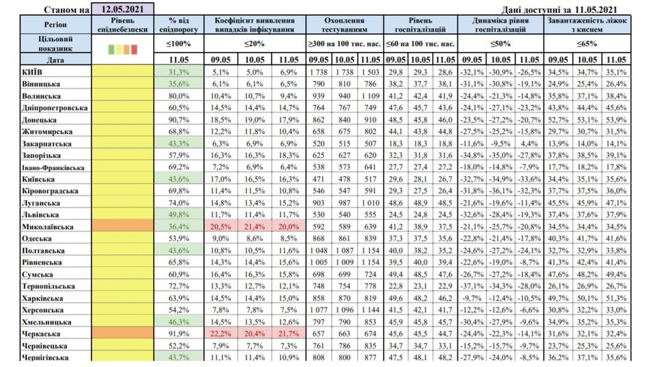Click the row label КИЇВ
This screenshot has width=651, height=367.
(35, 72)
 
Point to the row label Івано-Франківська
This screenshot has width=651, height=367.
(44, 167)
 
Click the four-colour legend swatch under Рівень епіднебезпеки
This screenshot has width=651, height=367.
(123, 49)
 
